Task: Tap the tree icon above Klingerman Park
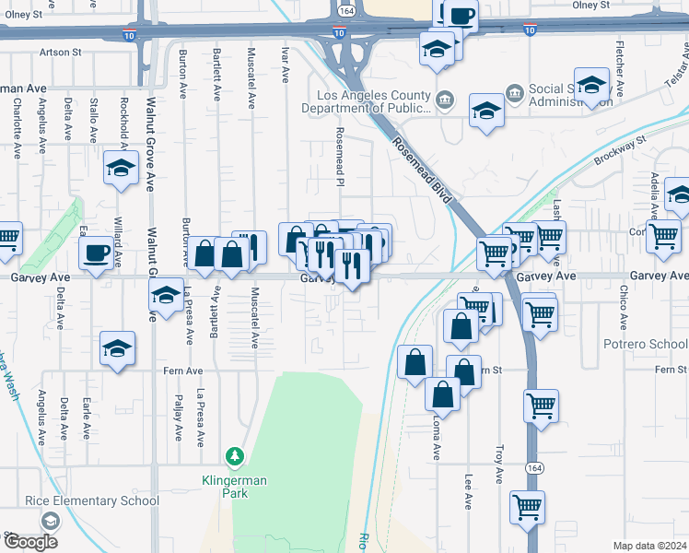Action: click(x=235, y=456)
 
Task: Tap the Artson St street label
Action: click(x=54, y=53)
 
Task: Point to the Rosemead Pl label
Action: click(x=340, y=156)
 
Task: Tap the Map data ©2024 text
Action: click(x=649, y=546)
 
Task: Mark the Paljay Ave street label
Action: click(x=177, y=419)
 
